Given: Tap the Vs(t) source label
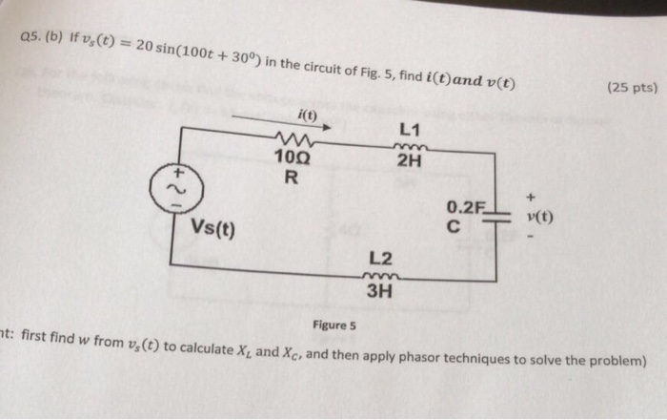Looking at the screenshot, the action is pyautogui.click(x=214, y=229).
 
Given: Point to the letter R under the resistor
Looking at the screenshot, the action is pyautogui.click(x=292, y=177).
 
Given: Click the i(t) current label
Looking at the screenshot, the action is pyautogui.click(x=307, y=115).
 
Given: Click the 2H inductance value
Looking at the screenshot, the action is pyautogui.click(x=410, y=159).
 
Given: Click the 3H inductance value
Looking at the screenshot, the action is pyautogui.click(x=379, y=291).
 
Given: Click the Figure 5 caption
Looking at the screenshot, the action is pyautogui.click(x=333, y=325).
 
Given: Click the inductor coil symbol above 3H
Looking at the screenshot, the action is pyautogui.click(x=379, y=276).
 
